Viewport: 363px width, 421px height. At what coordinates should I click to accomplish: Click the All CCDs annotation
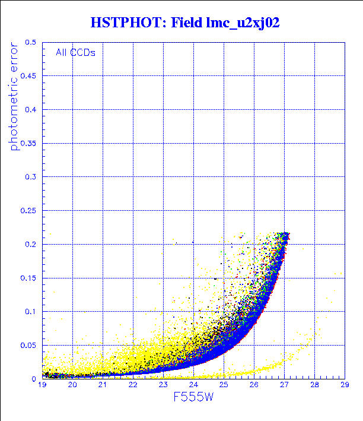(x=75, y=52)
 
